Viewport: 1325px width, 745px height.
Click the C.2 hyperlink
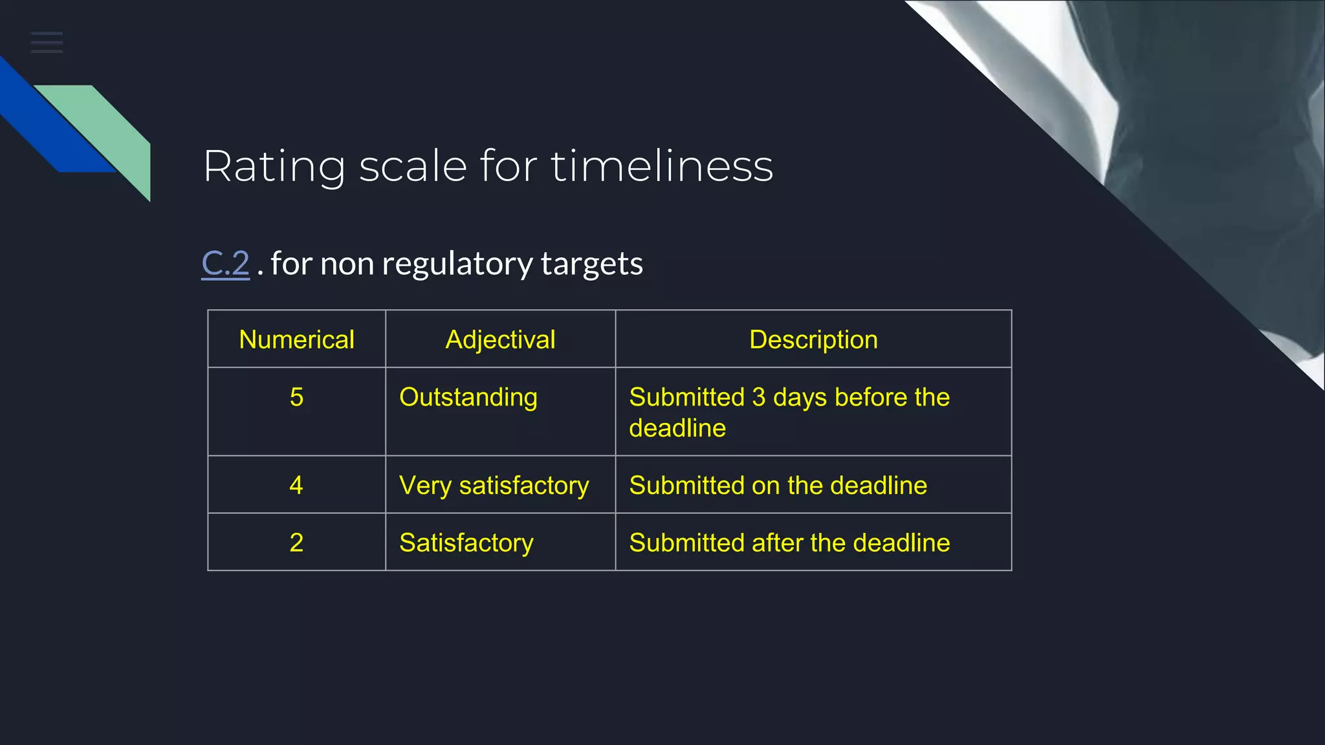point(225,264)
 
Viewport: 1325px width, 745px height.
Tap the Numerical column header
point(296,340)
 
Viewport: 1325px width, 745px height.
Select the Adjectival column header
point(500,340)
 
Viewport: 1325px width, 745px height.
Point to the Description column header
point(813,340)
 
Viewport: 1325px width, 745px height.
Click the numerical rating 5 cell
point(296,397)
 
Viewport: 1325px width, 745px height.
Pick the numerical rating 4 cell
point(296,485)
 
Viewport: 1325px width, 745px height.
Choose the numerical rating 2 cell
point(296,543)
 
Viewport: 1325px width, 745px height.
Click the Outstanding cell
point(468,397)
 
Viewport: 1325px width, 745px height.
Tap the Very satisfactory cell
point(494,485)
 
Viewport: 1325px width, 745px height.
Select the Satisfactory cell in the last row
point(466,543)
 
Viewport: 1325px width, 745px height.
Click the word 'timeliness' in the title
point(662,166)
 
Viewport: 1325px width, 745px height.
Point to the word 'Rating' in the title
point(274,166)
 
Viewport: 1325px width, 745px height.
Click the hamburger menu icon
point(47,42)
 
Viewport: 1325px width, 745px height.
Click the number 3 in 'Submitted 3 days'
point(758,397)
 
